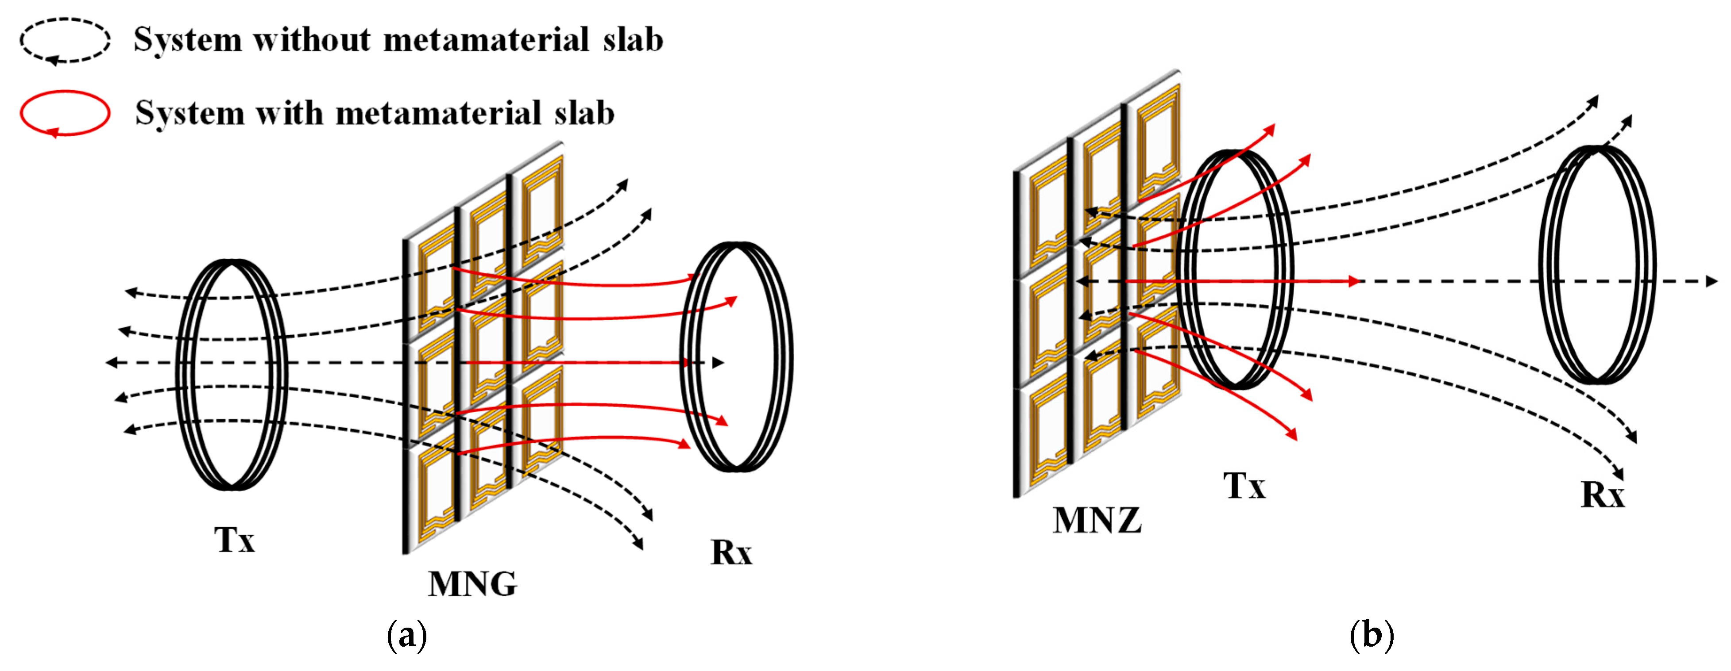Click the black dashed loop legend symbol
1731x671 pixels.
[65, 40]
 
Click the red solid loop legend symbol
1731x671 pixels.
[65, 113]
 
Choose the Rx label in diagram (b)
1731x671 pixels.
[1603, 495]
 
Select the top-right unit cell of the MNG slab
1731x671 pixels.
[537, 205]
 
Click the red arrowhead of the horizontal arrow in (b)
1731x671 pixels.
[1353, 281]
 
